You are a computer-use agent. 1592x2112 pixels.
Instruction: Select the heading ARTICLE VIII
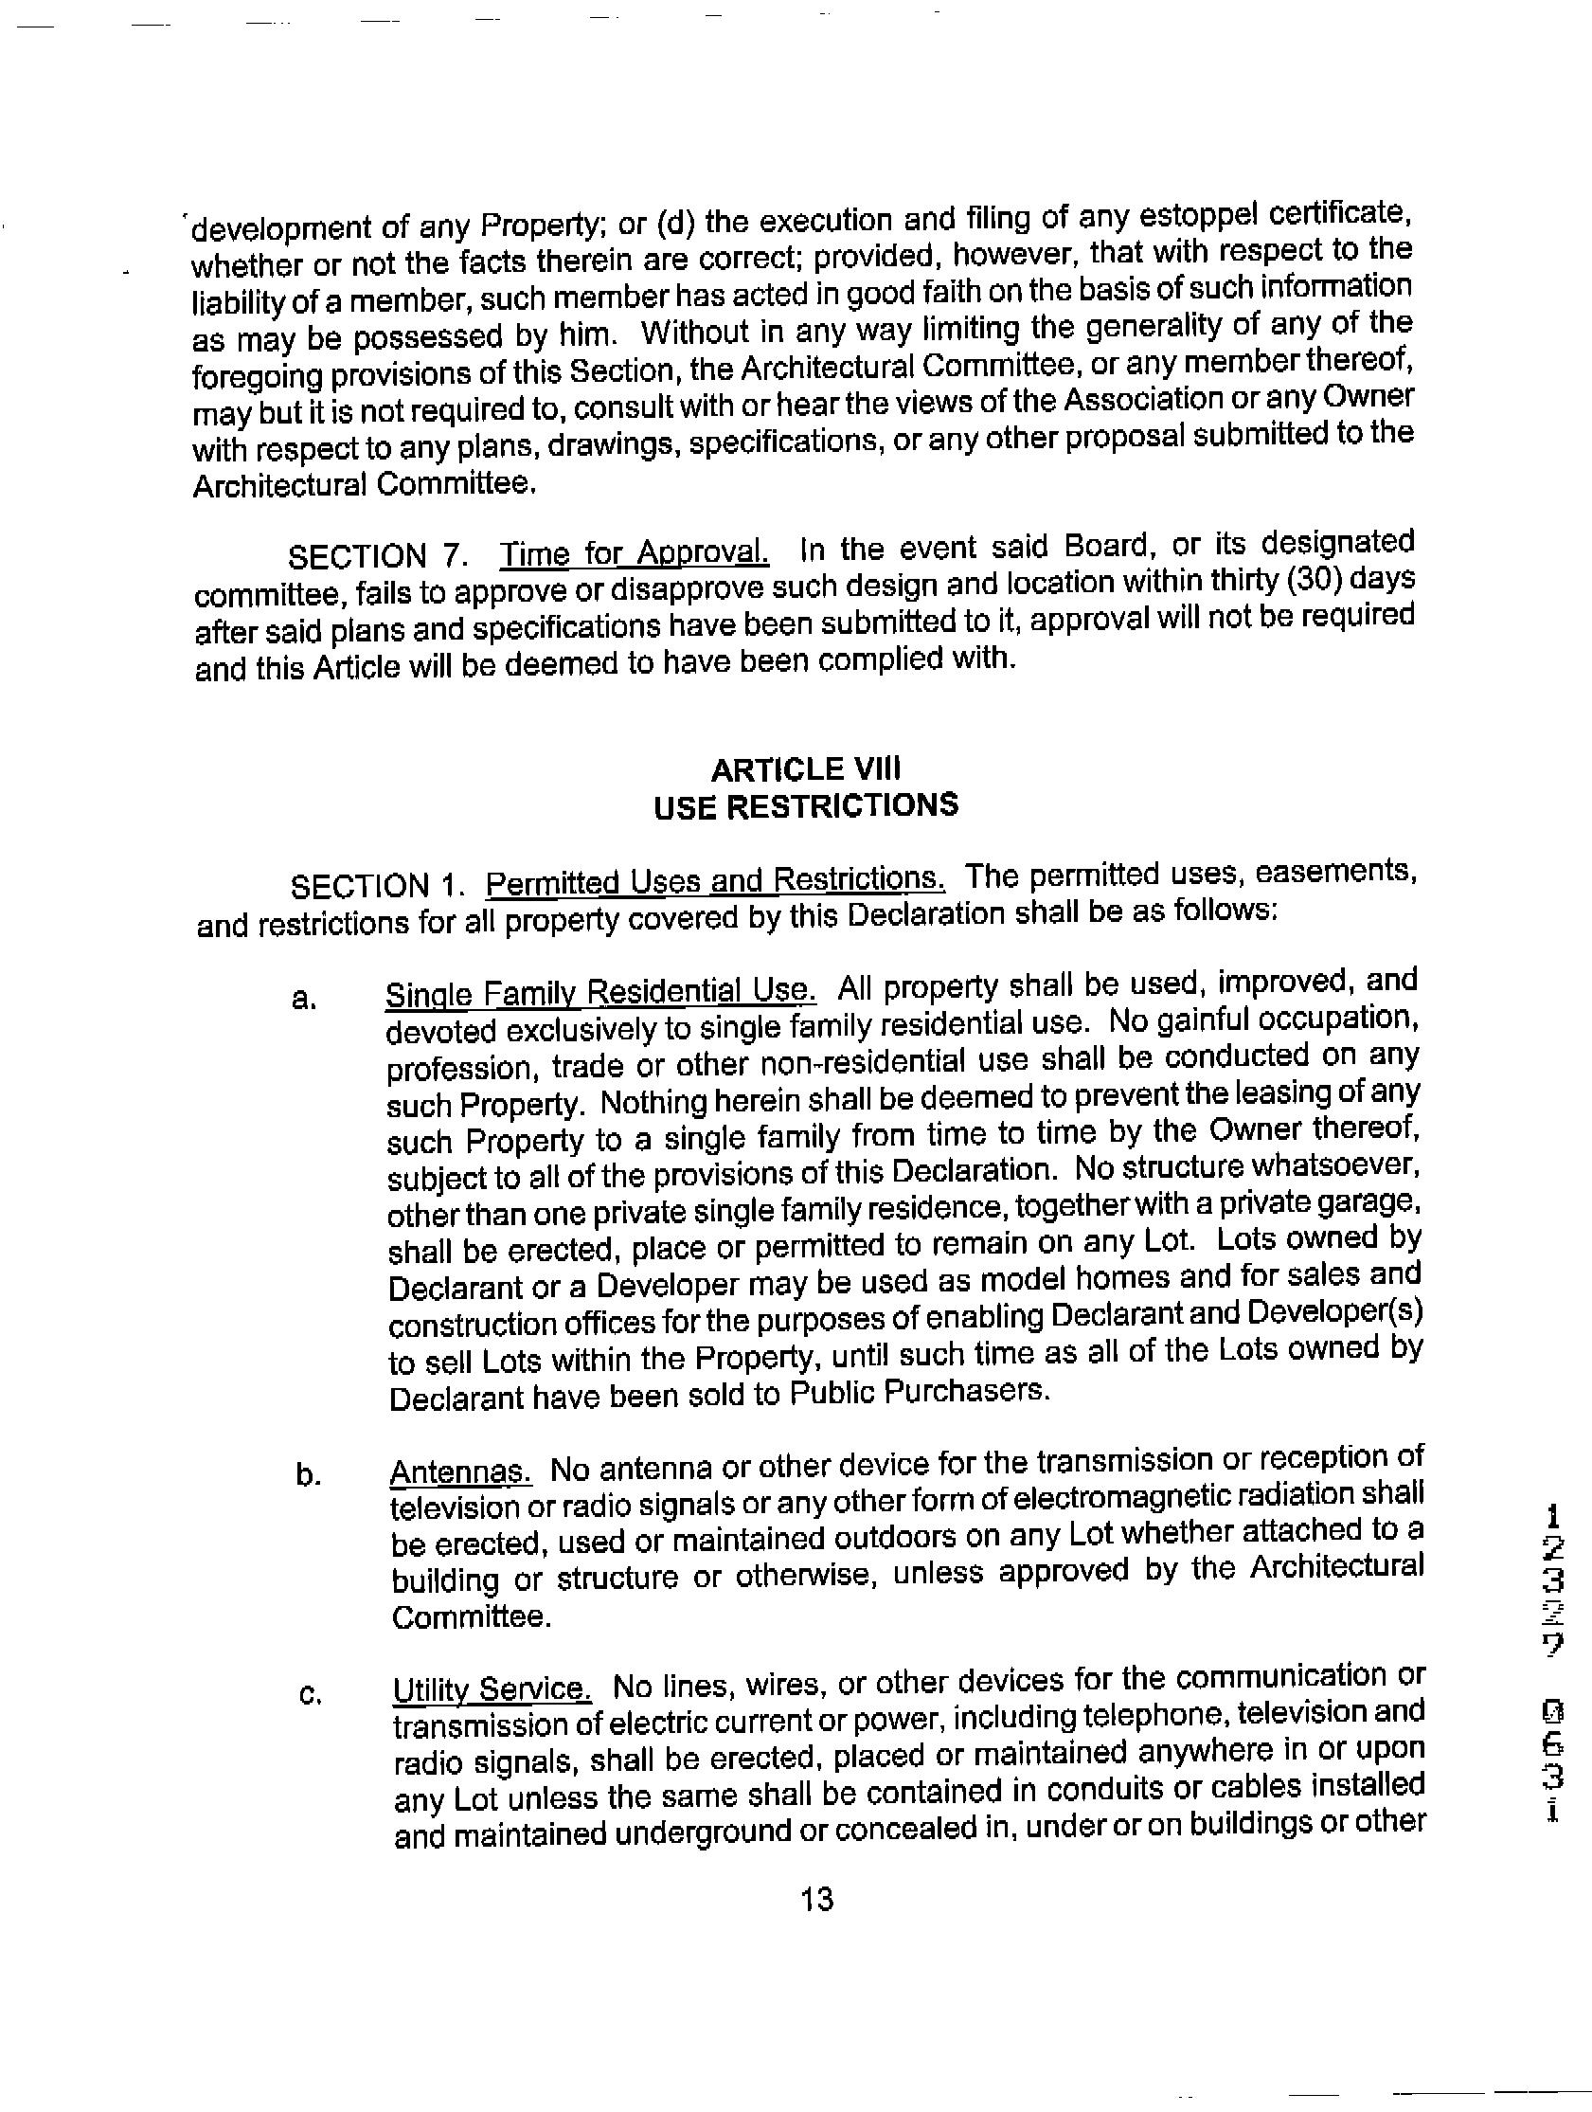(x=806, y=768)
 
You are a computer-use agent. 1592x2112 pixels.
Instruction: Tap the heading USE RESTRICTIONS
(x=806, y=805)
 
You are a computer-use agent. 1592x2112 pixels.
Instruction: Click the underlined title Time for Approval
(x=635, y=552)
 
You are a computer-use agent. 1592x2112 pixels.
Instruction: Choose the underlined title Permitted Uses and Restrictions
(x=715, y=878)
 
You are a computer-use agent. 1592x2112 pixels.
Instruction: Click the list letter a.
(x=303, y=1000)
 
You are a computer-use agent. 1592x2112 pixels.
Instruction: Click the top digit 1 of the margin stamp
(x=1554, y=1515)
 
